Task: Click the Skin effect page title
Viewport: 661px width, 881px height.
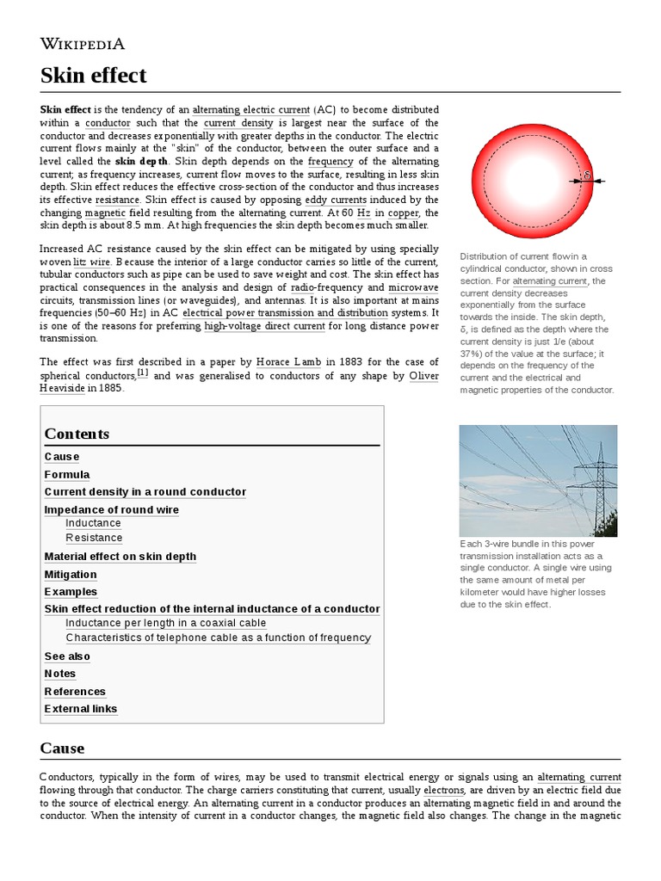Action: (x=93, y=76)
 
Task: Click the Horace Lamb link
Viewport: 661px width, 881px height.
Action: (x=287, y=362)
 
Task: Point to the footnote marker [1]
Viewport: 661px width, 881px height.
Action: (x=143, y=373)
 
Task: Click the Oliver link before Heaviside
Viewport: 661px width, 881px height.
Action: (x=423, y=375)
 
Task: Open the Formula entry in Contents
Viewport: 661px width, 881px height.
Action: (x=67, y=474)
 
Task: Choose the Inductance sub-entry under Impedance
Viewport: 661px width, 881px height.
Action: (x=93, y=523)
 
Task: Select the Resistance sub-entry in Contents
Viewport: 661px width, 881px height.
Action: (x=94, y=538)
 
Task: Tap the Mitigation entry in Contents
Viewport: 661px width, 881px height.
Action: (x=71, y=574)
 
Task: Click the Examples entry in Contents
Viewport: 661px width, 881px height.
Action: (x=71, y=592)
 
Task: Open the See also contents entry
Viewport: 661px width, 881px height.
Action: (x=67, y=656)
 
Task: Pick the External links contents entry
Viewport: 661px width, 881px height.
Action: (x=81, y=709)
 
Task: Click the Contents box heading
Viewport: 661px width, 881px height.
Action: (x=77, y=434)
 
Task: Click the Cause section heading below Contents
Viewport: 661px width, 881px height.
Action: (x=62, y=748)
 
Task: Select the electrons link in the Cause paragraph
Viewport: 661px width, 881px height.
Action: (x=444, y=790)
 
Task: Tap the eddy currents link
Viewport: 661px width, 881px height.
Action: (x=341, y=200)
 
